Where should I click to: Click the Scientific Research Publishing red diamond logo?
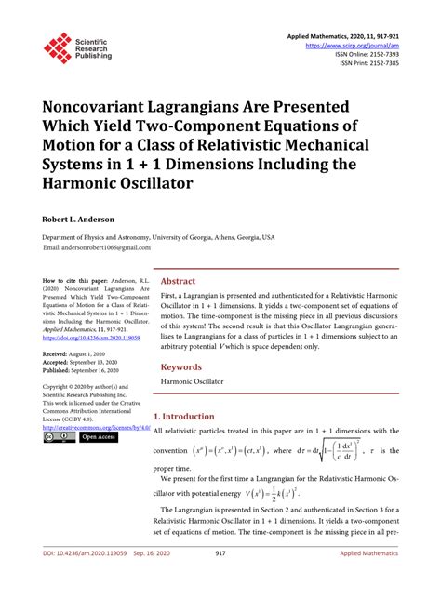pos(58,47)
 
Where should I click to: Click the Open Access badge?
pos(98,436)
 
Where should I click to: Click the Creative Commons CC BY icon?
pos(60,436)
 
